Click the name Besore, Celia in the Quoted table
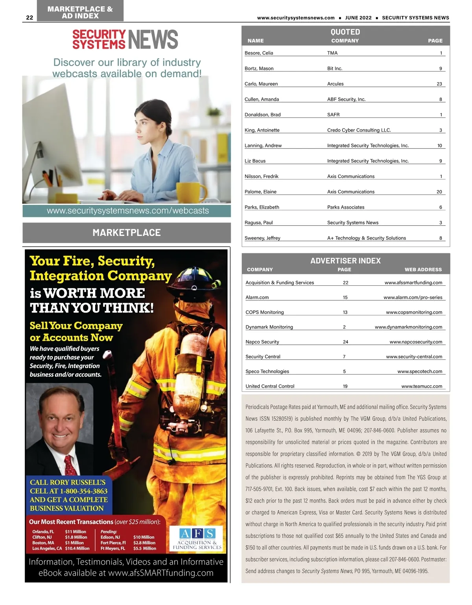[259, 53]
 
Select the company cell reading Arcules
[335, 84]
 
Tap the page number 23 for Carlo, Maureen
[439, 84]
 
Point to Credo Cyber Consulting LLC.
[359, 130]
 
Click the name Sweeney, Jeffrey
[262, 238]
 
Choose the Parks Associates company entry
[346, 207]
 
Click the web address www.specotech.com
[420, 371]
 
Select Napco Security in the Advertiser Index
[262, 342]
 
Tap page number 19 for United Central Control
[345, 386]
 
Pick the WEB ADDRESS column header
[423, 270]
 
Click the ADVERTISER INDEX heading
[345, 261]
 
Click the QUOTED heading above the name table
[345, 32]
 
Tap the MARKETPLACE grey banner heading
[127, 233]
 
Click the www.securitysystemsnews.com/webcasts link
[127, 211]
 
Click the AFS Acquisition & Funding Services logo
[197, 538]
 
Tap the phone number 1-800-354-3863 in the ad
[83, 491]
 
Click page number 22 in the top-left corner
[29, 17]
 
